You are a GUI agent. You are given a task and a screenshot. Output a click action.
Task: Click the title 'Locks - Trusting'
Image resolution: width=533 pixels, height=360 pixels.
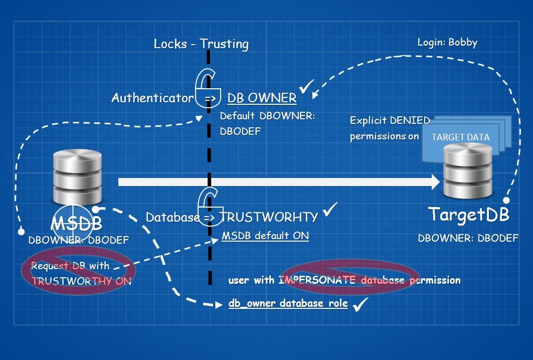click(x=201, y=44)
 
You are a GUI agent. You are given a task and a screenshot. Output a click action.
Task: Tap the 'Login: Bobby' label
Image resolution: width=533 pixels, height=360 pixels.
click(x=447, y=43)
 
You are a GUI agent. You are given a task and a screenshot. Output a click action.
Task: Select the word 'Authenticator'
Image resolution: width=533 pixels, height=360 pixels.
click(x=152, y=98)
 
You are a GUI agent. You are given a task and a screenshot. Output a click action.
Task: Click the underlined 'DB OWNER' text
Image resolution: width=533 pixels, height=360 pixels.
click(x=262, y=98)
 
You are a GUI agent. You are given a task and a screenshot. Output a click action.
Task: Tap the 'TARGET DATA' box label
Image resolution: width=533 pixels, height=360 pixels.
click(x=460, y=137)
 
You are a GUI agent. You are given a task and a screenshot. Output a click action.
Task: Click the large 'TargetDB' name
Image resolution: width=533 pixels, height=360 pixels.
click(x=469, y=215)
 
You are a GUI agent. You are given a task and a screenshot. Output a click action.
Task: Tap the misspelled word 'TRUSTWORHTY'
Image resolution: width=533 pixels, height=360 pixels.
click(x=269, y=217)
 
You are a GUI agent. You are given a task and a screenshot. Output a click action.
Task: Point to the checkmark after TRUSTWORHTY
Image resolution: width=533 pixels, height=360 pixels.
click(x=330, y=211)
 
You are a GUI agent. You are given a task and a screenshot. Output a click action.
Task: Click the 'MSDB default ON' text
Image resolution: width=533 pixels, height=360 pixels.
click(x=265, y=236)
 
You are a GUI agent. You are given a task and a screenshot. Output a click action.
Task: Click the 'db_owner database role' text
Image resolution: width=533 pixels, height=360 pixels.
click(x=288, y=303)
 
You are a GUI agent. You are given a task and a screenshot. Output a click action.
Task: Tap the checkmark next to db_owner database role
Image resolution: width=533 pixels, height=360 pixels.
click(x=361, y=303)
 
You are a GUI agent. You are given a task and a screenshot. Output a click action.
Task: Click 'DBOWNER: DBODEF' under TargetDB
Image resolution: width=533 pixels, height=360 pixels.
click(x=468, y=238)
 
